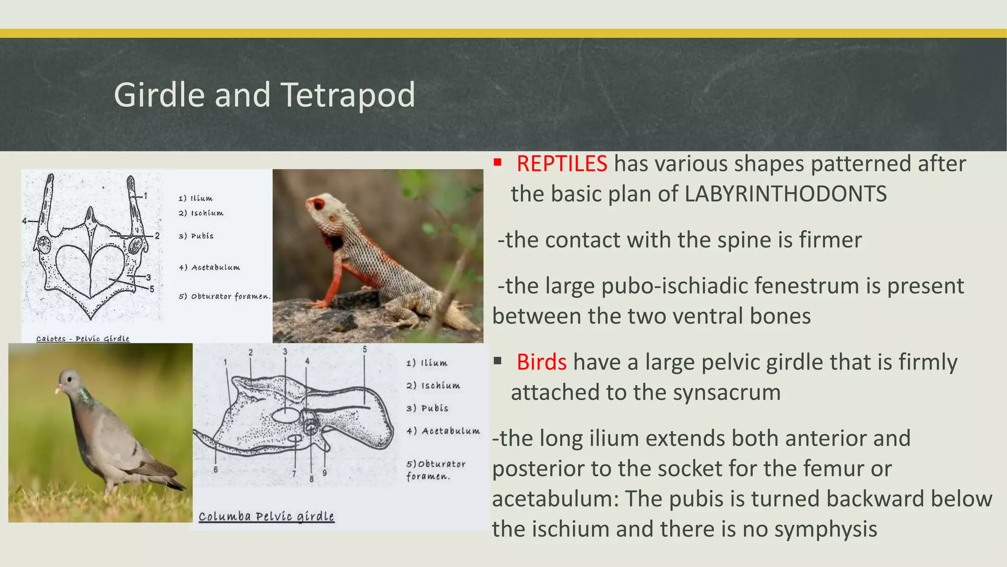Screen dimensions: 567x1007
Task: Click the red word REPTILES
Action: coord(562,164)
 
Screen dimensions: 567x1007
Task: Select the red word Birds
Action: coord(541,362)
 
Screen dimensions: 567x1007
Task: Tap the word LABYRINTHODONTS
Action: coord(785,194)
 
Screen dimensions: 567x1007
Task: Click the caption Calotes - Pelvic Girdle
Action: coord(83,339)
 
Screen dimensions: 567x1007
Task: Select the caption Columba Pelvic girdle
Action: coord(266,516)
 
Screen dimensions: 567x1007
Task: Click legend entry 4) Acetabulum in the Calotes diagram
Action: coord(209,267)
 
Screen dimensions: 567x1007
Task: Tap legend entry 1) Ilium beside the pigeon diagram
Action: coord(426,363)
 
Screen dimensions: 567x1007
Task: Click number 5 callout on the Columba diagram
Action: coord(364,349)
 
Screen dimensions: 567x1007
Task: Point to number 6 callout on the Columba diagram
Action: coord(215,470)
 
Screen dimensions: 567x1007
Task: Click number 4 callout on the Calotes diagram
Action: coord(24,221)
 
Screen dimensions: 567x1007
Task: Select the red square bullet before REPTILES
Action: coord(498,162)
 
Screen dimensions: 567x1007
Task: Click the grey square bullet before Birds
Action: coord(498,361)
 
